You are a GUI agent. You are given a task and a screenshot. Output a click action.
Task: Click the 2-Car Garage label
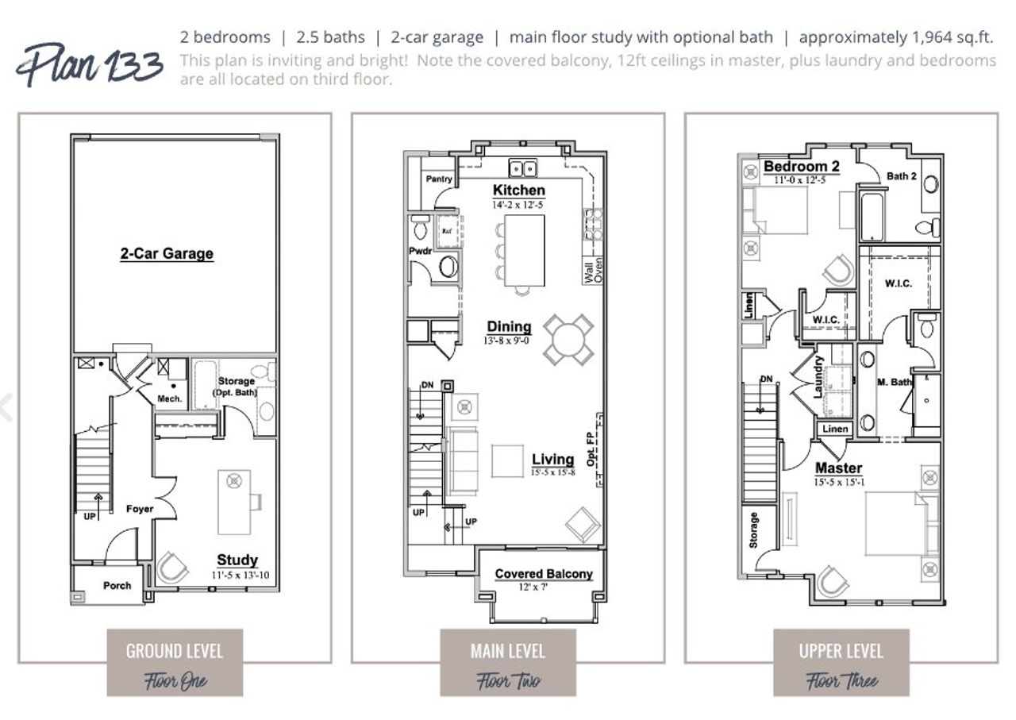(167, 254)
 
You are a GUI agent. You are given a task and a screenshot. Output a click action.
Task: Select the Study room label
(237, 560)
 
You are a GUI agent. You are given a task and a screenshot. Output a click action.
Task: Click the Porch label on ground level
(117, 586)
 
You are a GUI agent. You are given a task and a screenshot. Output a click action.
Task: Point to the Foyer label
(140, 509)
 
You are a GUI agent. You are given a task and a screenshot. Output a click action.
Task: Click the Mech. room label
(170, 399)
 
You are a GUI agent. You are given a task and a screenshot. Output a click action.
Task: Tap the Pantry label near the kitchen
(439, 179)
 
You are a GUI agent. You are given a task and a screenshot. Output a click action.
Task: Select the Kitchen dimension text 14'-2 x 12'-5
(518, 205)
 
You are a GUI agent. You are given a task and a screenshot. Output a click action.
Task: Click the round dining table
(568, 340)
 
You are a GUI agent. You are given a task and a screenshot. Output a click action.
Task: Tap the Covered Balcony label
(544, 574)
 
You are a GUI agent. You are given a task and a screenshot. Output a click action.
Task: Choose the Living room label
(552, 460)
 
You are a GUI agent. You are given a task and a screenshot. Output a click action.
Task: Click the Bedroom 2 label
(801, 167)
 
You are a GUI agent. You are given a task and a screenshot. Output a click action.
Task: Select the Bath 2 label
(902, 175)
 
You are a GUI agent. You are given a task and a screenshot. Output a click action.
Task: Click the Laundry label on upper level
(818, 376)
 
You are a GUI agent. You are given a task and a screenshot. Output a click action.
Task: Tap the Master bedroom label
(838, 468)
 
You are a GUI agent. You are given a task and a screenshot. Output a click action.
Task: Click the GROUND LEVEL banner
(175, 652)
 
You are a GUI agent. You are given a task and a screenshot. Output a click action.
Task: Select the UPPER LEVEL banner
(841, 652)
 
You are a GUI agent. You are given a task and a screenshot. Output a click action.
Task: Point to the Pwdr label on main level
(421, 251)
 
